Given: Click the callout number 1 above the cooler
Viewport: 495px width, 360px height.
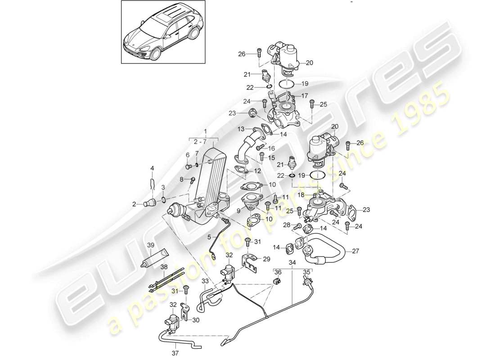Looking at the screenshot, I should tap(206, 131).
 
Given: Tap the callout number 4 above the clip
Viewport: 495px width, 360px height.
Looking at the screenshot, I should tap(152, 168).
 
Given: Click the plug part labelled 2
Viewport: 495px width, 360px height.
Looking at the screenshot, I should tap(149, 204).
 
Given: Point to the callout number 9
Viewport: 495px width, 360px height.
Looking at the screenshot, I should tap(238, 210).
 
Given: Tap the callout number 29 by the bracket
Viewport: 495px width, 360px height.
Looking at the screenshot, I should tap(267, 259).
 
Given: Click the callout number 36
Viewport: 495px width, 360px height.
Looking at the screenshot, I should tap(277, 272).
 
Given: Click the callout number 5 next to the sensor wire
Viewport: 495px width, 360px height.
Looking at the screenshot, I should tap(209, 236).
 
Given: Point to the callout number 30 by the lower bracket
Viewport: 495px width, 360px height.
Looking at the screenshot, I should tap(195, 320).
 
